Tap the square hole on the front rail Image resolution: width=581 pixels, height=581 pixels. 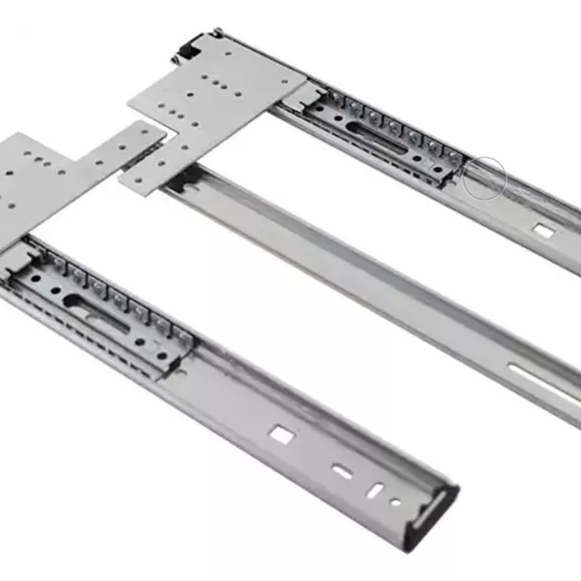click(281, 434)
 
